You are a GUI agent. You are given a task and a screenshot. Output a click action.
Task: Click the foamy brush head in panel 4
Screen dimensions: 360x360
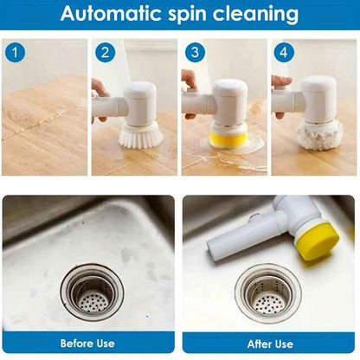click(318, 134)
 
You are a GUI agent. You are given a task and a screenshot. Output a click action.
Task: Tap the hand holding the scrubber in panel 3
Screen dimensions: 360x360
click(190, 82)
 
